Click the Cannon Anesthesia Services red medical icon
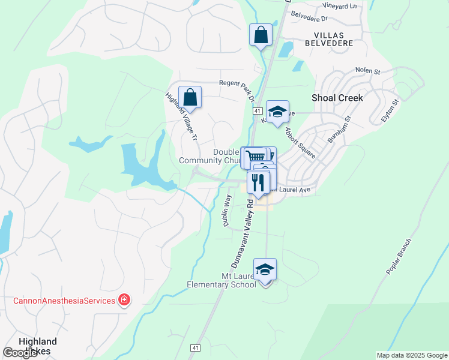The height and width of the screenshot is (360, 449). pos(124,299)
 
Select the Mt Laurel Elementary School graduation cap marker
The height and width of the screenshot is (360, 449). pos(265,269)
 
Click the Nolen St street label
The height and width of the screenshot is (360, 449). pos(368,71)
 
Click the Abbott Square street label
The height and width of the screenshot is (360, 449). pos(301,142)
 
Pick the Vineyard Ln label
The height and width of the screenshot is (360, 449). pos(339,6)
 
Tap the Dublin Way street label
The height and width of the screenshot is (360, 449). pos(228,210)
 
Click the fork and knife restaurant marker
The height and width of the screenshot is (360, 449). pos(259,182)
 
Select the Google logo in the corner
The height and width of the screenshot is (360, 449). pos(20,353)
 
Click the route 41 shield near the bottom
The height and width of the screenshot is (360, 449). pos(195,348)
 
